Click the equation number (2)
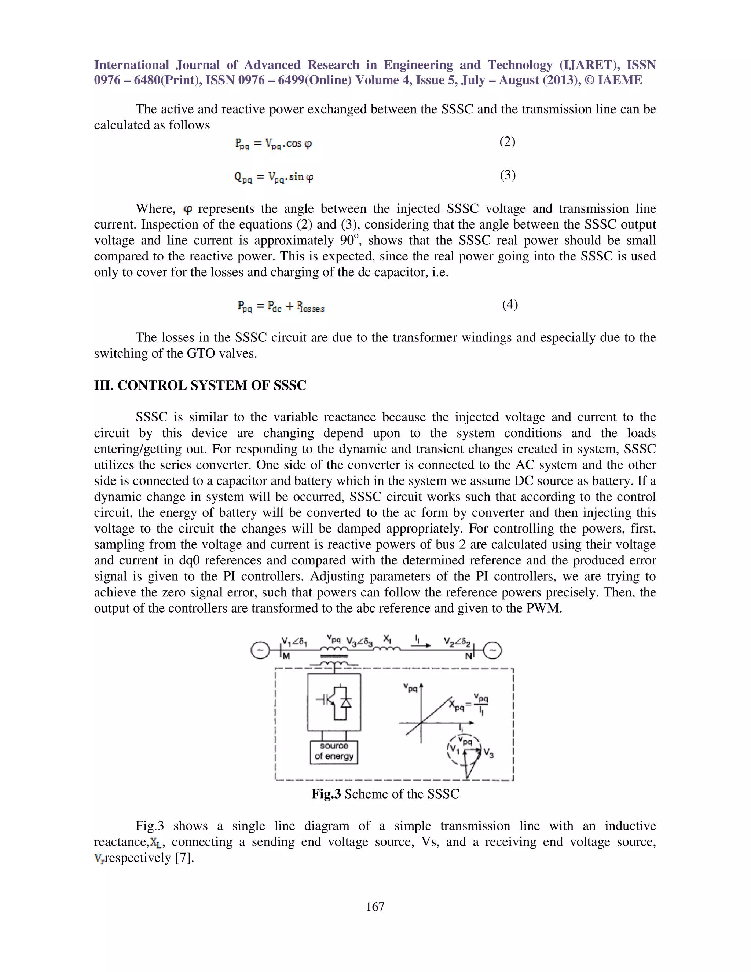point(507,142)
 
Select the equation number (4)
point(510,304)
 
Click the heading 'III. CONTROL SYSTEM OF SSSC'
point(200,385)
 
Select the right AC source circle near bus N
point(492,651)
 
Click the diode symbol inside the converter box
point(346,703)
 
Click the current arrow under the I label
point(421,645)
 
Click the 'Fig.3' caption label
point(326,793)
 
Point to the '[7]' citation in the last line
point(184,858)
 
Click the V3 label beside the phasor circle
point(488,753)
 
